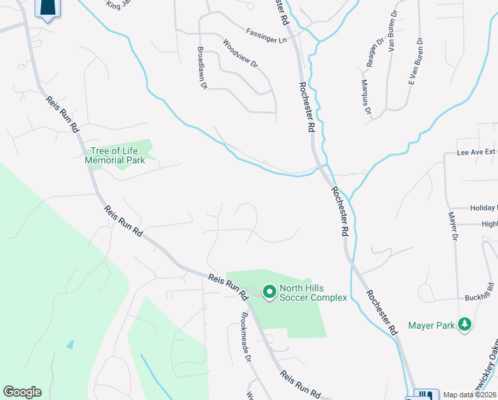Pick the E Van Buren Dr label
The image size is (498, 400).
[416, 63]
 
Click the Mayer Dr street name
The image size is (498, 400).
[454, 227]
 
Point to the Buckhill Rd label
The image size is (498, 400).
[479, 293]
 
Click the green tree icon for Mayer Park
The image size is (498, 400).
[464, 325]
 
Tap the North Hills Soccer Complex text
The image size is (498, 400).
[313, 293]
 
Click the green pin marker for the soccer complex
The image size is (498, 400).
[269, 292]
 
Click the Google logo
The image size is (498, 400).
[22, 392]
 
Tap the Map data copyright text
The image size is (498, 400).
[469, 395]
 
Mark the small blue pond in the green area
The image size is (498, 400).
[70, 345]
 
